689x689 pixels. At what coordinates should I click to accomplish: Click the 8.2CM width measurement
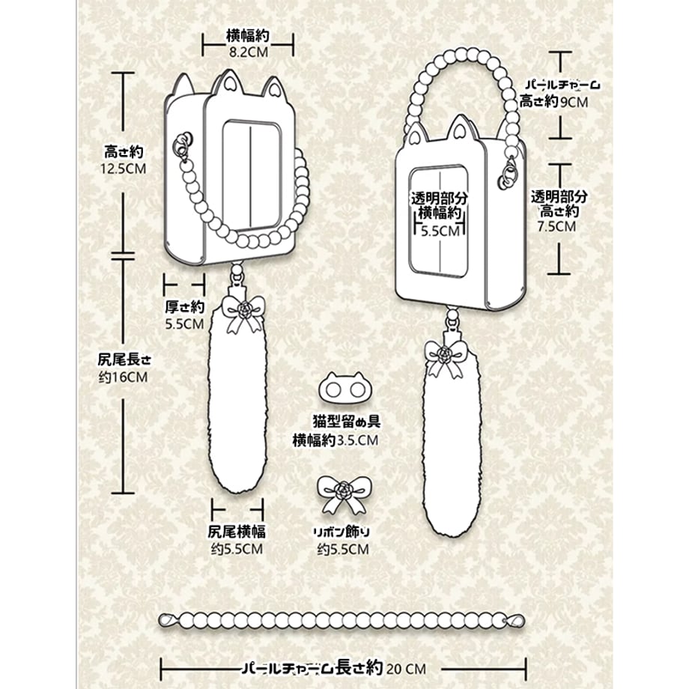249,52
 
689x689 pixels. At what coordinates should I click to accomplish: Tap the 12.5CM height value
123,169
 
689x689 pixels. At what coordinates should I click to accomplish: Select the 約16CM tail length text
123,377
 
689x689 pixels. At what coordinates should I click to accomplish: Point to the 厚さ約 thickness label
184,306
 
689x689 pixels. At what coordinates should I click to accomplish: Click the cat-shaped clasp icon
345,387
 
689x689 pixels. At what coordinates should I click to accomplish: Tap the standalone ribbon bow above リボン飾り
344,494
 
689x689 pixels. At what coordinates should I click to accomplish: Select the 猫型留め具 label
347,422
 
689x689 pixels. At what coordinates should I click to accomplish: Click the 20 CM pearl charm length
407,669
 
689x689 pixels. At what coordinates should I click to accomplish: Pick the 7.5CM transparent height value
556,226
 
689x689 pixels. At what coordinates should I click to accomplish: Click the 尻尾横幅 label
237,532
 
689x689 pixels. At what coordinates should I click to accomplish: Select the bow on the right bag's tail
446,359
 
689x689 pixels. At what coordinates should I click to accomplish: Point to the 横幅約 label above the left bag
248,36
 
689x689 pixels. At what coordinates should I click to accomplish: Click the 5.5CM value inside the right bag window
440,231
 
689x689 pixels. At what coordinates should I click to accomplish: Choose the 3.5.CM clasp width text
357,440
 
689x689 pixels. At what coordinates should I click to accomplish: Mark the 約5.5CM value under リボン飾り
343,549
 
